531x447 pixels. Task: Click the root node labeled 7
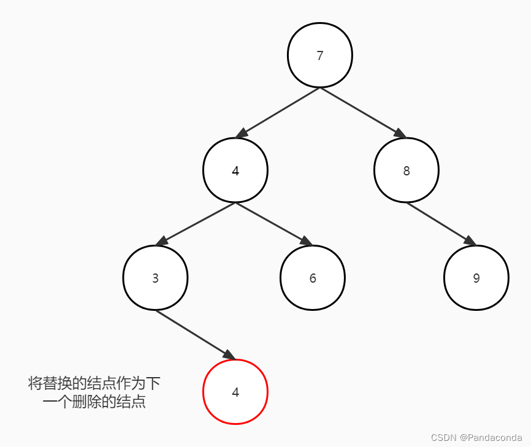tap(319, 55)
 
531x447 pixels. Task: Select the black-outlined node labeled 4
tap(235, 170)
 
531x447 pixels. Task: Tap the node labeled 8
tap(406, 170)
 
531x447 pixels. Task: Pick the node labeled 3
tap(155, 278)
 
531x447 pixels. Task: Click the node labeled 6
tap(313, 278)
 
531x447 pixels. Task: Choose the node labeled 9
tap(476, 278)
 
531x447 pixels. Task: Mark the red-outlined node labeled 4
tap(235, 392)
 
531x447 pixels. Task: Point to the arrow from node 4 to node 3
tap(196, 224)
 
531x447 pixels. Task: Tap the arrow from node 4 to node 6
tap(273, 224)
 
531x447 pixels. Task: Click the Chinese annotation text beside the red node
tap(94, 393)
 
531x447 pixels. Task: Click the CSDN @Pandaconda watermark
tap(476, 438)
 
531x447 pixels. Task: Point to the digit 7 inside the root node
tap(319, 56)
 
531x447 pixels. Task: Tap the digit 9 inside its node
tap(476, 278)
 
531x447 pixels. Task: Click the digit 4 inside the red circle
tap(235, 392)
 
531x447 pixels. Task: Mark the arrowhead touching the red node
tap(229, 355)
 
